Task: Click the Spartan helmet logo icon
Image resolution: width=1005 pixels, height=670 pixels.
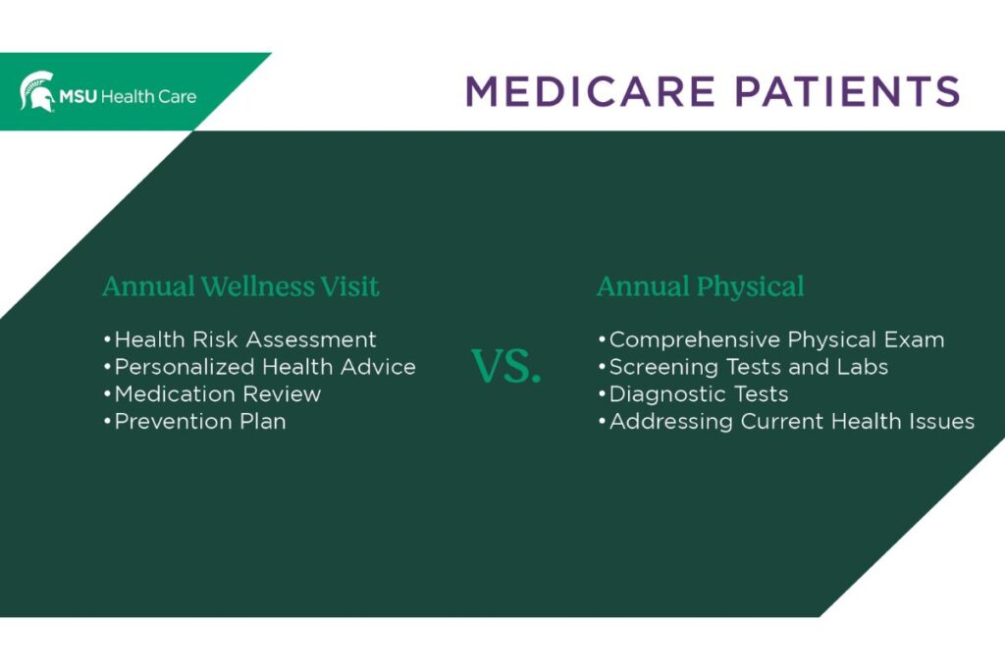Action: click(37, 91)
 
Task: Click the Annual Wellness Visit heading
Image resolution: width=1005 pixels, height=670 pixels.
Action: click(240, 286)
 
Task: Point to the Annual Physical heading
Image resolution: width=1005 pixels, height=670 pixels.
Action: click(700, 286)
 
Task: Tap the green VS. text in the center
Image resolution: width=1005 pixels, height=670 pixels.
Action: click(506, 366)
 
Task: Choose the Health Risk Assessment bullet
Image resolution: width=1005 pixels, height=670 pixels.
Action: click(240, 339)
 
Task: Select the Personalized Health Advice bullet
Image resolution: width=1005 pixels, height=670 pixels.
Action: click(260, 367)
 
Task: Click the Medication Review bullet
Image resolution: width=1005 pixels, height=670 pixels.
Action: click(213, 394)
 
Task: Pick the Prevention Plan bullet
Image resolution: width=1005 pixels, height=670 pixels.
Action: click(195, 422)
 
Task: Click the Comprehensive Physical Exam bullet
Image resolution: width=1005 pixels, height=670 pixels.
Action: click(771, 340)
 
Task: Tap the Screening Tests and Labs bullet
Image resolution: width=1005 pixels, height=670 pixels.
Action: click(743, 367)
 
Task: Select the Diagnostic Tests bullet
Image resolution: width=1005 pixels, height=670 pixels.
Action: click(694, 394)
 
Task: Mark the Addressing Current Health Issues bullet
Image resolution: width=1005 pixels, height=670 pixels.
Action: click(786, 422)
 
